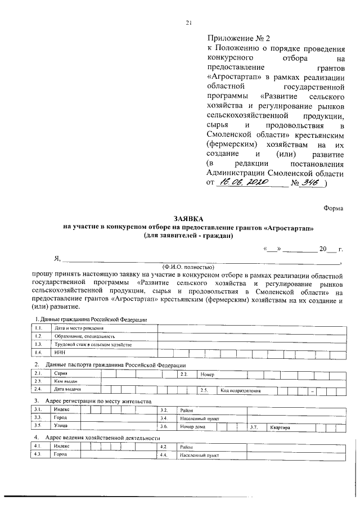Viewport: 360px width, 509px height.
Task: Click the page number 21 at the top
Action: pos(189,23)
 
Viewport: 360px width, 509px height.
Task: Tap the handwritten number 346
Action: pos(309,182)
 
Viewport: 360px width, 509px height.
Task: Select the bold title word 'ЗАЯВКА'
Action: pos(188,218)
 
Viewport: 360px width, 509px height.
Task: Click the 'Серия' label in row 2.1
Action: pos(61,373)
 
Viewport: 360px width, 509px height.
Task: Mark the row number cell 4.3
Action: pos(38,454)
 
